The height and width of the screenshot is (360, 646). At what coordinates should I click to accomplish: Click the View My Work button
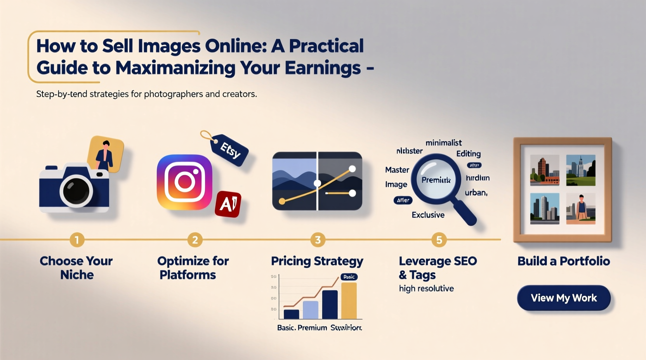[x=564, y=298]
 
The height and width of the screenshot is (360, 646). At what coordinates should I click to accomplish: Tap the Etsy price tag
[x=229, y=150]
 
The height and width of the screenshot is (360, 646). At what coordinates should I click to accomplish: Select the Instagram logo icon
[x=184, y=182]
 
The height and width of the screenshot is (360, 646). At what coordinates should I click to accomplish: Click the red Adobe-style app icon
[x=228, y=204]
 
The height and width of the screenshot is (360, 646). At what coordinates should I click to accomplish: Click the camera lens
[x=76, y=190]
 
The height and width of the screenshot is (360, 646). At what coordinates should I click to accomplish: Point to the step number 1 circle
[x=77, y=240]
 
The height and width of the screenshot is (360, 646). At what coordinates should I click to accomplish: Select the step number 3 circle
[x=318, y=240]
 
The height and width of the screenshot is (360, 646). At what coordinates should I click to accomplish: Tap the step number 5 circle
[x=439, y=240]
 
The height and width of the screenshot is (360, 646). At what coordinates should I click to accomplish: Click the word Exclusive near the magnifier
[x=428, y=215]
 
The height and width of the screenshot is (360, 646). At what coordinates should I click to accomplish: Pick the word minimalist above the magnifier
[x=443, y=143]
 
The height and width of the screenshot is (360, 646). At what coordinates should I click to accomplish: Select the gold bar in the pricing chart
[x=349, y=301]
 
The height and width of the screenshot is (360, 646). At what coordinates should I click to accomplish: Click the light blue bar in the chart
[x=311, y=310]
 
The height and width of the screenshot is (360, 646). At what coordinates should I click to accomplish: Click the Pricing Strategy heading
[x=317, y=261]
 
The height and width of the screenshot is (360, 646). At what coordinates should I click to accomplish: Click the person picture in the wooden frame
[x=581, y=209]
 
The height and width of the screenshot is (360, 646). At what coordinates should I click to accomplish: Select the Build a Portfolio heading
[x=563, y=261]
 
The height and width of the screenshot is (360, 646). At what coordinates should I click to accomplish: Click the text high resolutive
[x=426, y=289]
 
